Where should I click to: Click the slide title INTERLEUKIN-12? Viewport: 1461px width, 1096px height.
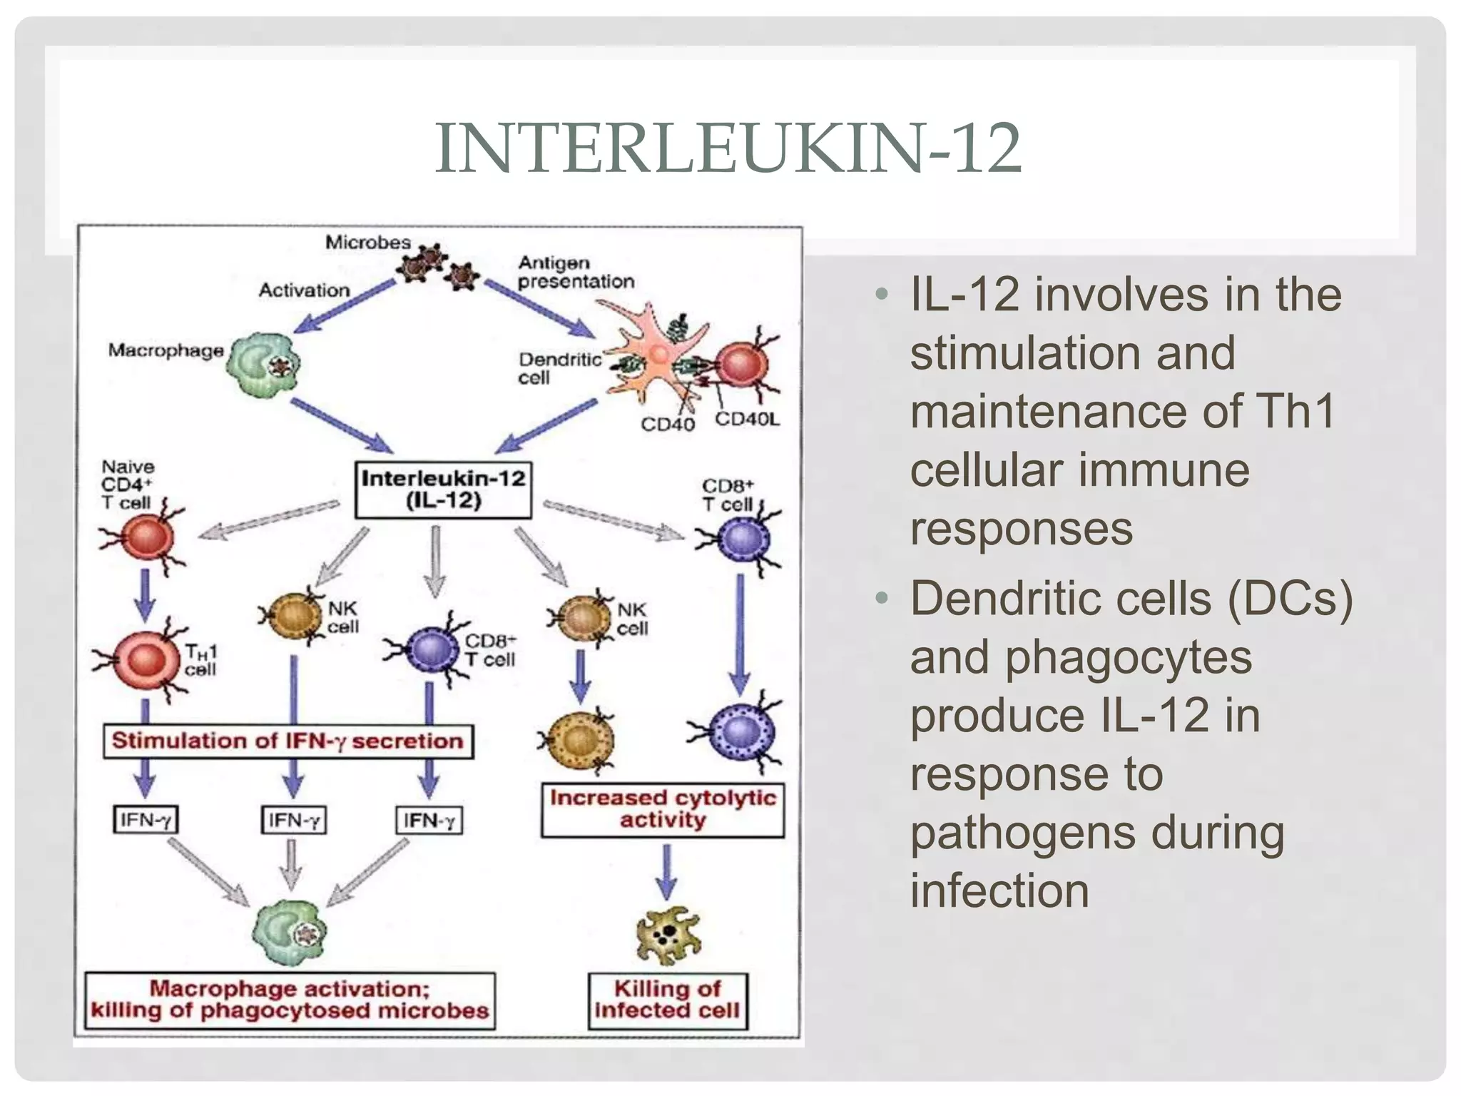728,148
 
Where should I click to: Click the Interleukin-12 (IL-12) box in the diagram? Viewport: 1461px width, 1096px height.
443,489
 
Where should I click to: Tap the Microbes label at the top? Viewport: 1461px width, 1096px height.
368,243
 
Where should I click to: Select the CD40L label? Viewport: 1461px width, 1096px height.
747,419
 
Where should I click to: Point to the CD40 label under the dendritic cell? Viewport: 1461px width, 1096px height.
667,425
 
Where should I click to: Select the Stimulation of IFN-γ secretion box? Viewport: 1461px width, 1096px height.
287,741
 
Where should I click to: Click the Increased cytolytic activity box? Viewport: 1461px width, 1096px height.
662,809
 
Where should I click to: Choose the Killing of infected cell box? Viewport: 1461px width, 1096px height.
668,1000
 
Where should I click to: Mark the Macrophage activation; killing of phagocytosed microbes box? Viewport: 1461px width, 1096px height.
290,1000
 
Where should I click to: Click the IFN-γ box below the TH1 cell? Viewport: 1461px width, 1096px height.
146,820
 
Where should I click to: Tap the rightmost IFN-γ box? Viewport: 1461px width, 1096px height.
429,821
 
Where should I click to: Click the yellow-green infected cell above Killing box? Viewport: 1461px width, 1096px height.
668,934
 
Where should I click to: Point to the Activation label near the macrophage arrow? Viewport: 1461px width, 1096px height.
304,290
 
